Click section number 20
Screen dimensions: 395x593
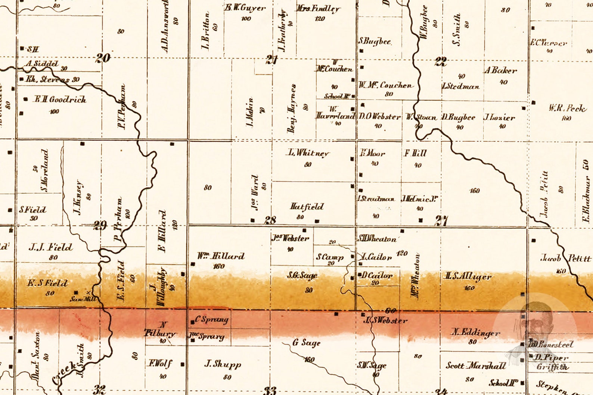pyautogui.click(x=103, y=58)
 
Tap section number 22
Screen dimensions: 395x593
pyautogui.click(x=441, y=61)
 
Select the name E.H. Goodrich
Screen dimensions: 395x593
pyautogui.click(x=60, y=99)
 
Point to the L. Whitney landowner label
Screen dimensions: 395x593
pyautogui.click(x=308, y=153)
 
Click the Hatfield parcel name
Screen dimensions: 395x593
pyautogui.click(x=307, y=206)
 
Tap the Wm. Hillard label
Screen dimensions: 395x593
pyautogui.click(x=221, y=256)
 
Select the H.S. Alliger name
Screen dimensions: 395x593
pyautogui.click(x=468, y=276)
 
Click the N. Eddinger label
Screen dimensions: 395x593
pyautogui.click(x=475, y=332)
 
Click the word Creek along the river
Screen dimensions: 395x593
pyautogui.click(x=64, y=373)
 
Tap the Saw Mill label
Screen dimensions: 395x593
pyautogui.click(x=83, y=299)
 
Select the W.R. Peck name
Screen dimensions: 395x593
pyautogui.click(x=567, y=108)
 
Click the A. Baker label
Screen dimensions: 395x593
pyautogui.click(x=501, y=70)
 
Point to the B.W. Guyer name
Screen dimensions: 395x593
pyautogui.click(x=245, y=7)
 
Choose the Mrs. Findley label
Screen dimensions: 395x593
pyautogui.click(x=318, y=8)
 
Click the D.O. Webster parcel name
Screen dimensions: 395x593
pyautogui.click(x=379, y=116)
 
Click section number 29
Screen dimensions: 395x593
pyautogui.click(x=100, y=225)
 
